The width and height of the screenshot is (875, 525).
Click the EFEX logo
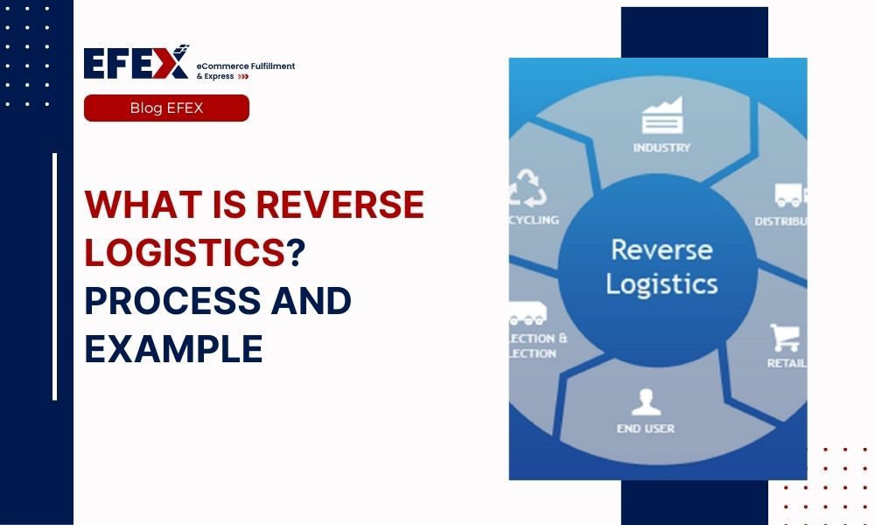(136, 63)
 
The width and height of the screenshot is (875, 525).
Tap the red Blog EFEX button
(166, 108)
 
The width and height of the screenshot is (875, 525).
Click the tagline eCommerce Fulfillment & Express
(245, 71)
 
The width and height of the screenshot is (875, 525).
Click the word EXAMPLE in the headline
(173, 349)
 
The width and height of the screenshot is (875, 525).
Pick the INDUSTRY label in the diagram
(661, 148)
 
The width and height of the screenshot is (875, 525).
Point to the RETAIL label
(786, 363)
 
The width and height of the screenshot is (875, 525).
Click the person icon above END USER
(645, 402)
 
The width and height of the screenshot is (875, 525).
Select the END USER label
(645, 429)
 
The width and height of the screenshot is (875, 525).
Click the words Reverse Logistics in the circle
(661, 266)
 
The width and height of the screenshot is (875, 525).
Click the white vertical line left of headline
(54, 276)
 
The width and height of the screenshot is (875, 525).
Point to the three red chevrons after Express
(243, 77)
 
